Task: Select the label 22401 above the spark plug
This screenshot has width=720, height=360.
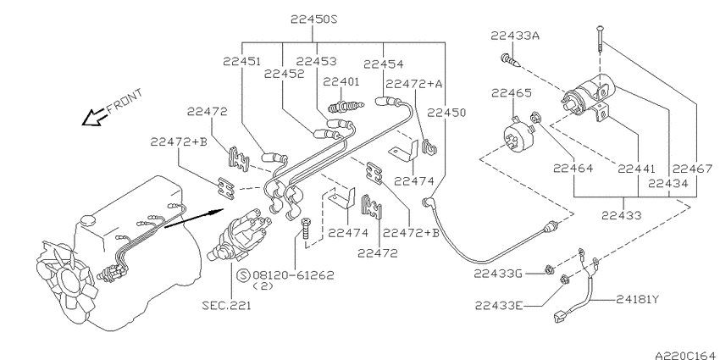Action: (x=341, y=82)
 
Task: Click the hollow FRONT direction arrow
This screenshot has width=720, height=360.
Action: (x=91, y=119)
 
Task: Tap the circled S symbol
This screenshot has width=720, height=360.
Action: (x=242, y=274)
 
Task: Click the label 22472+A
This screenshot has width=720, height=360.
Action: (x=414, y=84)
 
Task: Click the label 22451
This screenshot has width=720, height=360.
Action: (x=242, y=61)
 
